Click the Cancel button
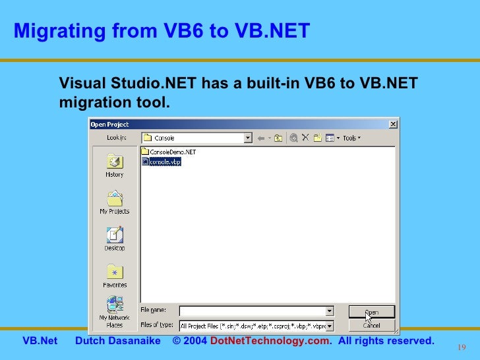click(371, 325)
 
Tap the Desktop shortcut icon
click(114, 236)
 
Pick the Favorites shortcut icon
click(114, 273)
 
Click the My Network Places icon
click(114, 306)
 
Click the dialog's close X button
click(393, 124)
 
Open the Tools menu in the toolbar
click(351, 138)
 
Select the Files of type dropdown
click(256, 326)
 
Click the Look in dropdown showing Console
click(197, 138)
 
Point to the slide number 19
click(461, 347)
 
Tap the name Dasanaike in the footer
click(140, 341)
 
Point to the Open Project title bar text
click(109, 124)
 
